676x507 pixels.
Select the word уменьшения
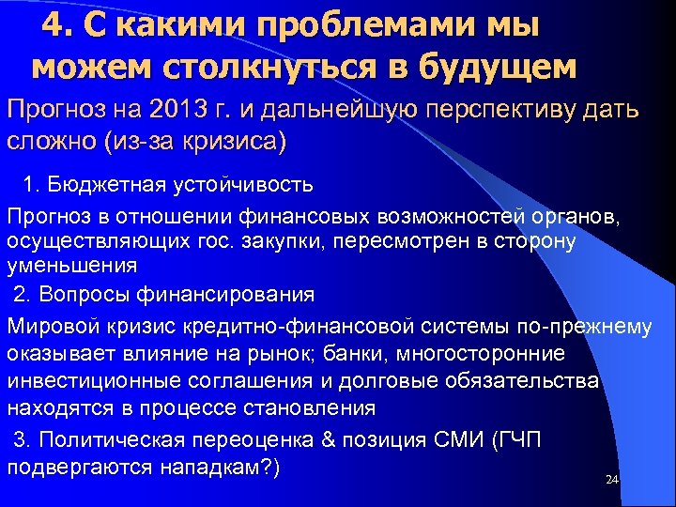pos(72,266)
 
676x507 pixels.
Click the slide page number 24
pos(612,480)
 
